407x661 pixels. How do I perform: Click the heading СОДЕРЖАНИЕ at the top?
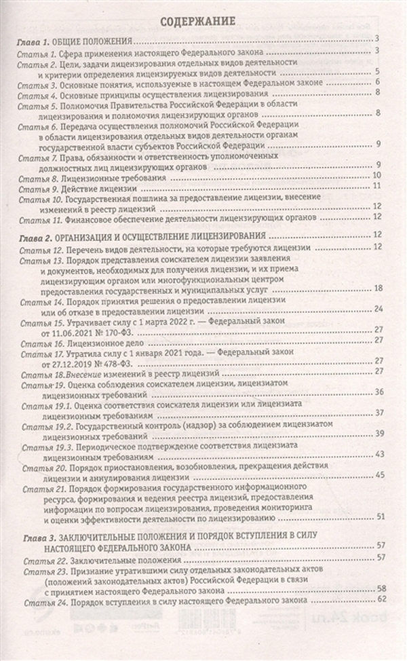(x=203, y=21)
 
